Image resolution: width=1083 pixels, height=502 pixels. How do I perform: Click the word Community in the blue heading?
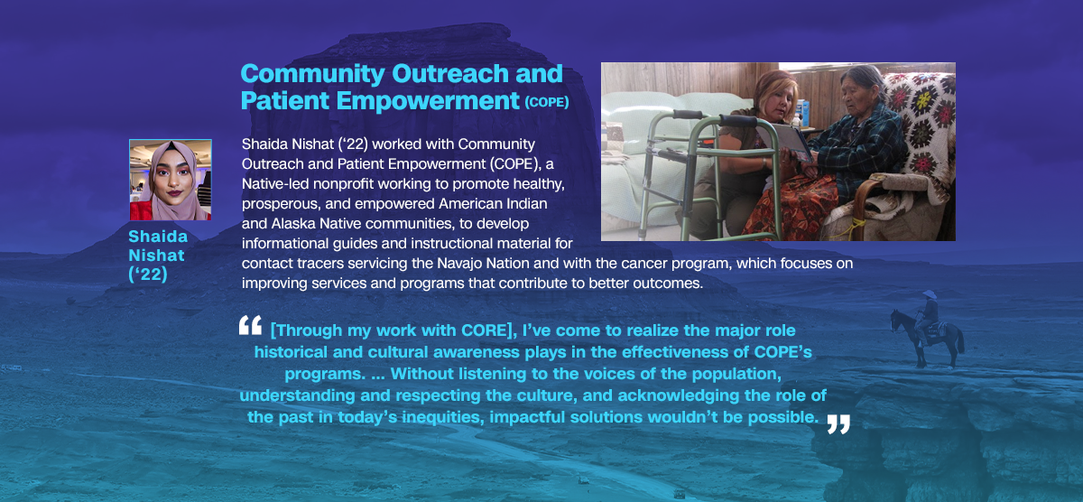[312, 74]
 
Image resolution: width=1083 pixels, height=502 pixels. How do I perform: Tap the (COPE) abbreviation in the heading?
[547, 103]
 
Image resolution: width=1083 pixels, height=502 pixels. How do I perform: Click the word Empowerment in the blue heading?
[428, 101]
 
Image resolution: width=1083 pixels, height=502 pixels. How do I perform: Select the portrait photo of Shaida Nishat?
[171, 180]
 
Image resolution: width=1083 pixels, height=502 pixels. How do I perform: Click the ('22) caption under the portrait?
[148, 274]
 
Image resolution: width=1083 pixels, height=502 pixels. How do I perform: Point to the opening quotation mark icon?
[251, 325]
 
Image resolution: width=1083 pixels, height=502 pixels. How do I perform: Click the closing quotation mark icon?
[838, 424]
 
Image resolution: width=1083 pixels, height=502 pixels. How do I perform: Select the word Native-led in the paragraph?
[275, 184]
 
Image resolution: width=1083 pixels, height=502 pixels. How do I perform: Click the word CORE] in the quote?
[489, 330]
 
